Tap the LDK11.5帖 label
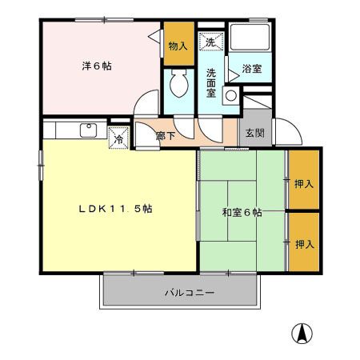[x=115, y=209]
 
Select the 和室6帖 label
[x=241, y=213]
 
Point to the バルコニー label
[x=190, y=293]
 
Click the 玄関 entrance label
[x=254, y=133]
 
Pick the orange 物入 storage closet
[x=178, y=46]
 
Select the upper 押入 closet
[x=303, y=183]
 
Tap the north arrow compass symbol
[x=305, y=332]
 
